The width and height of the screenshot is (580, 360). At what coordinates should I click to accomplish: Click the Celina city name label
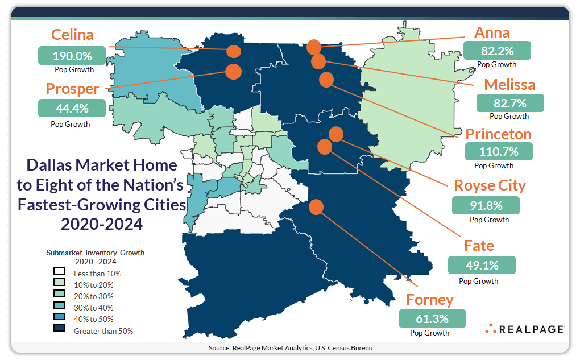click(72, 35)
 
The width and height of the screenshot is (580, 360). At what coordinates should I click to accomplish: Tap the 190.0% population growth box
click(72, 56)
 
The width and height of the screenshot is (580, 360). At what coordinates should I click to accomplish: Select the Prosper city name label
click(72, 89)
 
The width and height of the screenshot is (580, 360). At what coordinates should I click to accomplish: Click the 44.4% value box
click(72, 108)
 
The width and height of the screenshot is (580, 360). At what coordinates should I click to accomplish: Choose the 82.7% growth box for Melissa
click(510, 103)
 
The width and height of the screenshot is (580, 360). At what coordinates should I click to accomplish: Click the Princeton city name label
click(498, 134)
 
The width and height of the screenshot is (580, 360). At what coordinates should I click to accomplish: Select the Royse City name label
click(490, 185)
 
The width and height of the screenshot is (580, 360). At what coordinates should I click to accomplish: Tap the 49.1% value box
click(482, 265)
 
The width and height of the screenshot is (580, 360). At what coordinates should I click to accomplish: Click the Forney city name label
click(430, 299)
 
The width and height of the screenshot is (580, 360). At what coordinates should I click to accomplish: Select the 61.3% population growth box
click(433, 318)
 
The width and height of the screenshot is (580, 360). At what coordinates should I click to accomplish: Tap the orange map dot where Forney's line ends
click(317, 207)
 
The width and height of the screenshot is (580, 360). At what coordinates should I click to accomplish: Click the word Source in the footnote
click(218, 347)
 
